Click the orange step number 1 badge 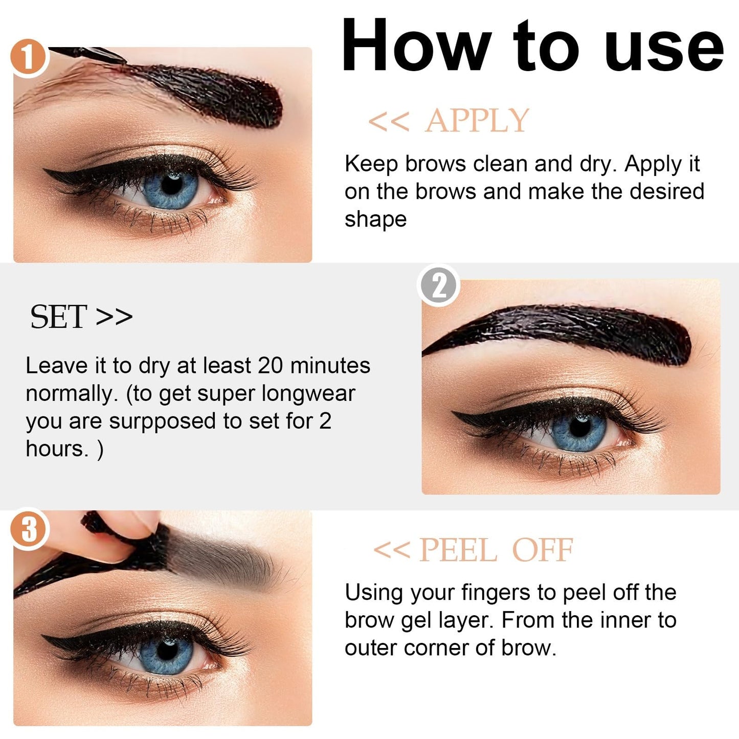29,57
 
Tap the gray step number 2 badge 439,286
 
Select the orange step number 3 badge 29,529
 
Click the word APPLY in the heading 477,121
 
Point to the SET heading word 58,317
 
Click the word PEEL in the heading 457,551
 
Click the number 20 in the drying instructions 271,366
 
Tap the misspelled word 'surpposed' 162,421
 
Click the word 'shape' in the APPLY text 375,220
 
